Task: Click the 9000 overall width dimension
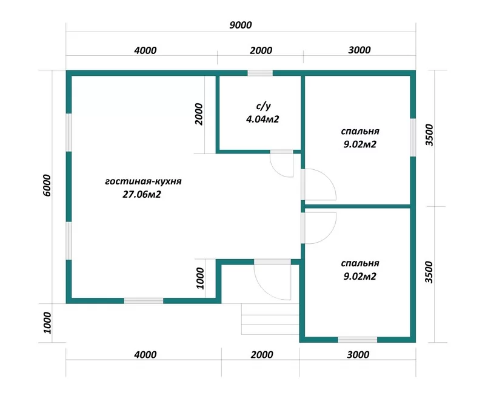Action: click(240, 25)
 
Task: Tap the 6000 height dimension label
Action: click(47, 186)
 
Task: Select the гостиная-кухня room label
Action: click(143, 181)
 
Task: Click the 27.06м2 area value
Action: click(142, 194)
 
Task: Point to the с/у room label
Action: click(263, 106)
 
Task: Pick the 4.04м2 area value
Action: click(263, 119)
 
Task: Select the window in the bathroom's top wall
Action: click(260, 73)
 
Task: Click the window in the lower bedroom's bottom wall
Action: click(357, 340)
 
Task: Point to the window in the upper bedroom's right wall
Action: click(413, 137)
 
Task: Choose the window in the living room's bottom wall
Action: click(144, 301)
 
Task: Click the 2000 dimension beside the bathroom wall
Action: click(199, 114)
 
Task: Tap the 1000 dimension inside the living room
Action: click(201, 278)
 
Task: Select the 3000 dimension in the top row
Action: click(359, 50)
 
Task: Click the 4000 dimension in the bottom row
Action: click(145, 354)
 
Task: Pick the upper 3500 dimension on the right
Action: click(429, 135)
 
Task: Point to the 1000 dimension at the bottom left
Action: click(47, 323)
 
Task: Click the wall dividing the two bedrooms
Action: click(358, 206)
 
